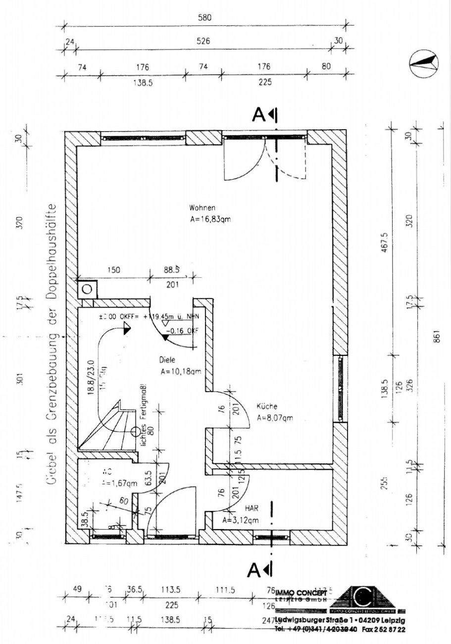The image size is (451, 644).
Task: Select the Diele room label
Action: pos(168,360)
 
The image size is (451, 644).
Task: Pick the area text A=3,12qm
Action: pos(240,520)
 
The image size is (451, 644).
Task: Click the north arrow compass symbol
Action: pos(424,63)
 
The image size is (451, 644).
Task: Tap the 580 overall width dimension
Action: pos(204,18)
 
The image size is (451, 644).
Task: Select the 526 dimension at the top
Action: pos(203,42)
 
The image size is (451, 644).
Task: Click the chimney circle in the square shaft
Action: pos(88,288)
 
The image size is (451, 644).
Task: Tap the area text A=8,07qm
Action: pos(275,418)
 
